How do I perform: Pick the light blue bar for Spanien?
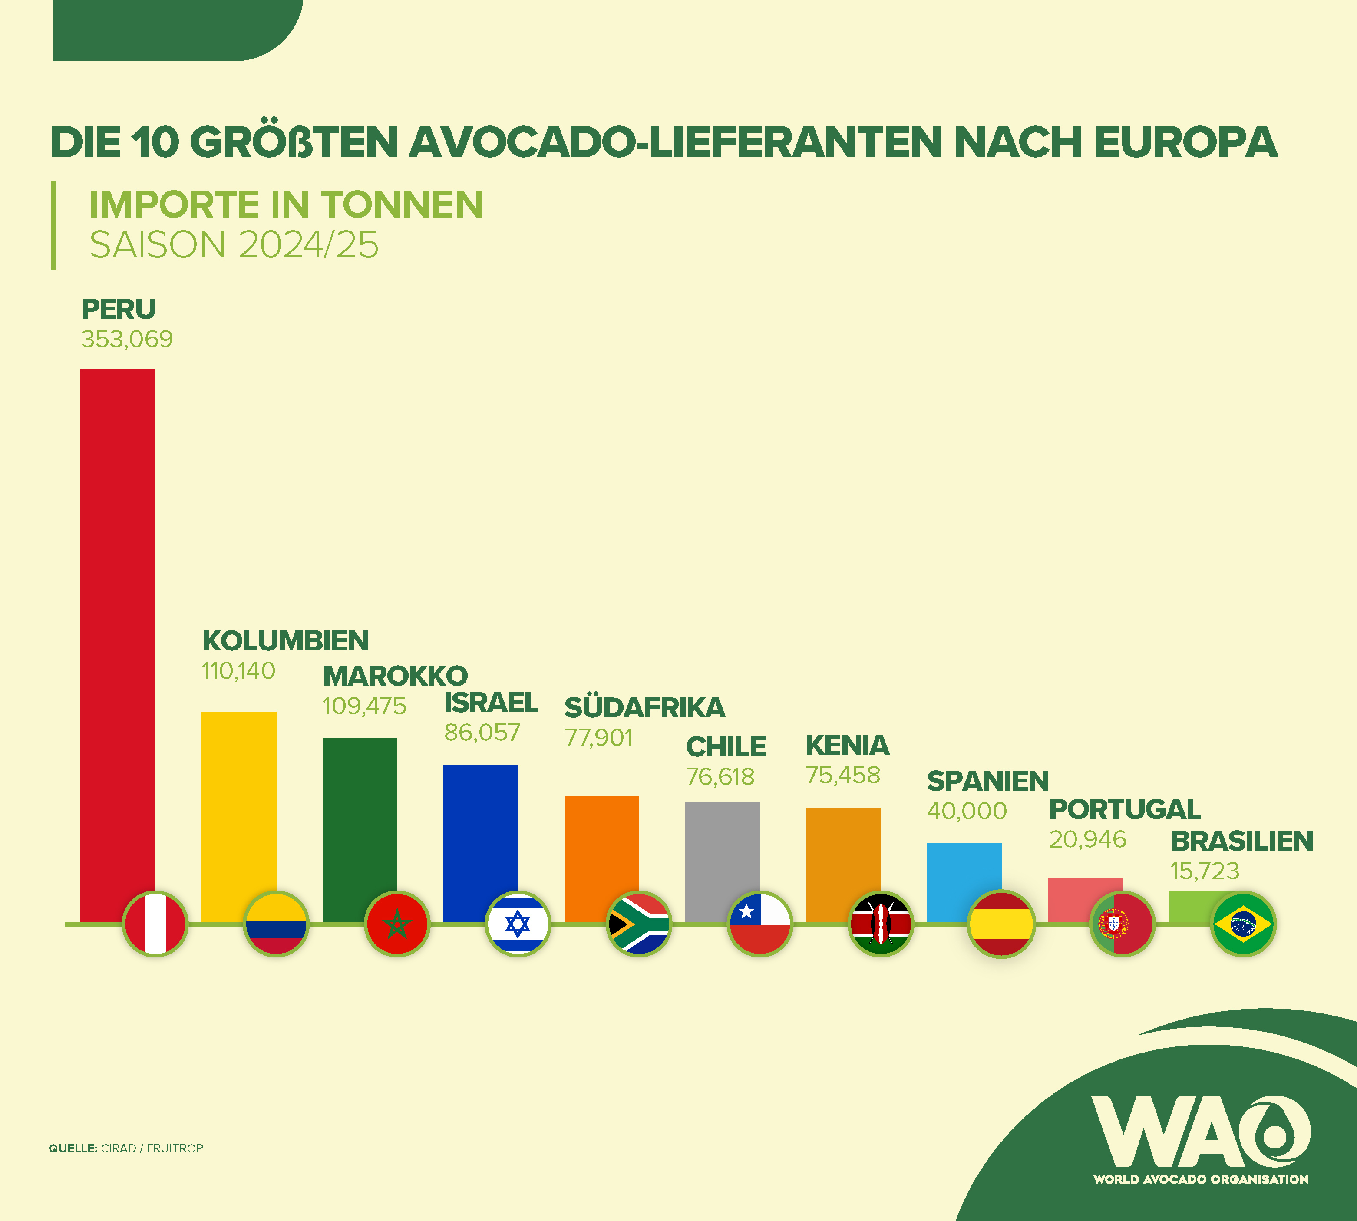(x=964, y=872)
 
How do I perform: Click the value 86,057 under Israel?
(x=482, y=733)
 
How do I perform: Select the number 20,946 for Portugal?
(x=1087, y=839)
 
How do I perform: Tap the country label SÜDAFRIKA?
(x=644, y=708)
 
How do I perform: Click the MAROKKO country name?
(x=395, y=676)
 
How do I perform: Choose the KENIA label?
(x=847, y=746)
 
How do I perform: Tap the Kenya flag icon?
(x=881, y=924)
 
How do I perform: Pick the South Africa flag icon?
(x=639, y=924)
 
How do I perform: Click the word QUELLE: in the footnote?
(x=73, y=1148)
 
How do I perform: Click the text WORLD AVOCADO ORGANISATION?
(x=1200, y=1179)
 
